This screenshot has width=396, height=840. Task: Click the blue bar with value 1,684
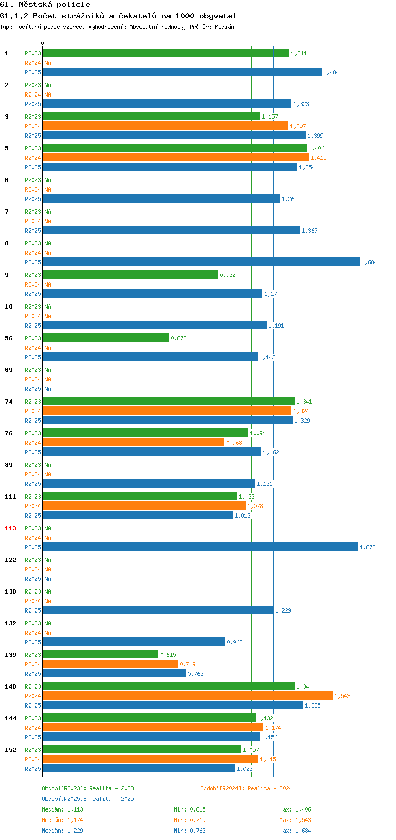click(x=201, y=262)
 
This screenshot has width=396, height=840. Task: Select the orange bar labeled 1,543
click(x=187, y=695)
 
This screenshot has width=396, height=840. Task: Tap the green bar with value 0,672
click(x=106, y=338)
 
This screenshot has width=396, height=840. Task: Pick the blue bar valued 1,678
click(x=201, y=547)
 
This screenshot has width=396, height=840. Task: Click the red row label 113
click(x=11, y=528)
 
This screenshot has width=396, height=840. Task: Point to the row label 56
click(x=8, y=338)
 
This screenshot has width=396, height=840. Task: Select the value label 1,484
click(x=331, y=72)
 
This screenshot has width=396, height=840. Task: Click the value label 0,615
click(x=168, y=655)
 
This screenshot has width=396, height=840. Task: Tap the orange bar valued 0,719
click(x=110, y=664)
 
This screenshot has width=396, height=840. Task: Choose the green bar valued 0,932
click(x=130, y=274)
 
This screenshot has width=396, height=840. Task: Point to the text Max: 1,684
click(x=295, y=831)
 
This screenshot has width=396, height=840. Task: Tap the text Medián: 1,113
click(x=63, y=809)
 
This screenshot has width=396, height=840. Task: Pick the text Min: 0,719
click(x=190, y=820)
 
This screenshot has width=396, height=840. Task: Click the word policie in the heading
click(x=76, y=5)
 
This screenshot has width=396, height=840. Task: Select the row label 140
click(x=11, y=686)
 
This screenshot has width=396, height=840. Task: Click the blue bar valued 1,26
click(x=162, y=198)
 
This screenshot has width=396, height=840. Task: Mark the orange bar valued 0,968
click(x=134, y=442)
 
